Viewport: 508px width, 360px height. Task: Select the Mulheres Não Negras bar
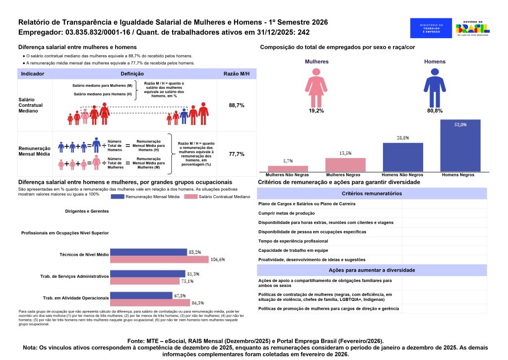(288, 169)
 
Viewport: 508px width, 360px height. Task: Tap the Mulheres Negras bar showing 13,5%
(345, 165)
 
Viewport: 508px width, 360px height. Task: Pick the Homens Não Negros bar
(403, 157)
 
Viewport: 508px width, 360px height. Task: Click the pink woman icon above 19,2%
(316, 87)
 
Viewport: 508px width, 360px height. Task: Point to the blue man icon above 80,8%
(435, 87)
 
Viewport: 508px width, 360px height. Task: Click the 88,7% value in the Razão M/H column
(237, 106)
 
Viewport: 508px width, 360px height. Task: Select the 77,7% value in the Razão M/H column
(237, 154)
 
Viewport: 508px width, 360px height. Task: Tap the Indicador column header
(33, 73)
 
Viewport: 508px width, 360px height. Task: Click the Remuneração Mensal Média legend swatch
(124, 197)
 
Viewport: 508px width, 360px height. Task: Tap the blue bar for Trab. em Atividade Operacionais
(141, 295)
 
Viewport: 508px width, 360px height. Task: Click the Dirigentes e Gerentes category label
(87, 211)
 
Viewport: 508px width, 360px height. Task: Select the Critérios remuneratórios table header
(372, 193)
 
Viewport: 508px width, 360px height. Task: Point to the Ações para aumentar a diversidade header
(372, 270)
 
